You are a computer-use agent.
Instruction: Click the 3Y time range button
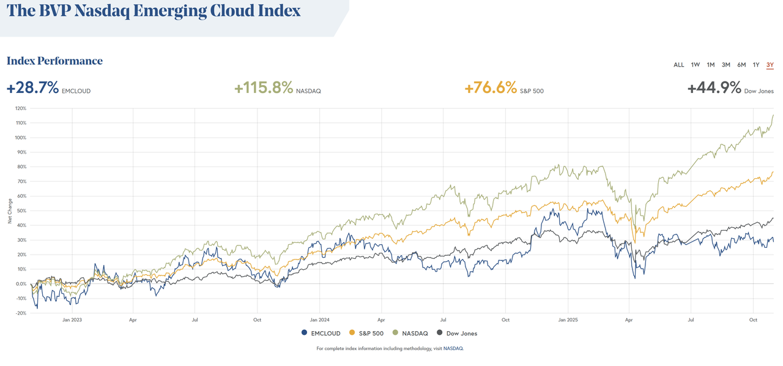click(x=770, y=65)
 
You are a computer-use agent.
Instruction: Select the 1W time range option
click(x=696, y=65)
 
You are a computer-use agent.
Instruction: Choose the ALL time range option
click(x=678, y=65)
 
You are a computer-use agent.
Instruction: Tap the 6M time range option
click(x=741, y=65)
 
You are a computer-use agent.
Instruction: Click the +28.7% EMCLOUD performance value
click(x=32, y=88)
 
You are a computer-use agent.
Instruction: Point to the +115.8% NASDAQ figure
click(x=264, y=88)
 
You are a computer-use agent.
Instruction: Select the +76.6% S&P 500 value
click(x=491, y=88)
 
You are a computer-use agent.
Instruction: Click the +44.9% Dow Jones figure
click(x=714, y=88)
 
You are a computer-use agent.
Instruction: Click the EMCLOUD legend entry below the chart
click(x=321, y=334)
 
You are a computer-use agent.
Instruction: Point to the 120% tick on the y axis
click(x=20, y=108)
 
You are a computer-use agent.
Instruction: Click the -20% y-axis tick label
click(x=20, y=313)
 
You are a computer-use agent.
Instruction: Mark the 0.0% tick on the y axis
click(x=21, y=284)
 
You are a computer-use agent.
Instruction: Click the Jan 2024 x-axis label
click(x=319, y=319)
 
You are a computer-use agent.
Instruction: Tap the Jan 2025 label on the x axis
click(x=568, y=319)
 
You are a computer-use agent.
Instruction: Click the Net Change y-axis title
click(x=10, y=211)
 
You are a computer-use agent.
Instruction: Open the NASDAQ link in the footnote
click(x=453, y=348)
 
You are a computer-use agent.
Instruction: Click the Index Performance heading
click(x=54, y=61)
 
